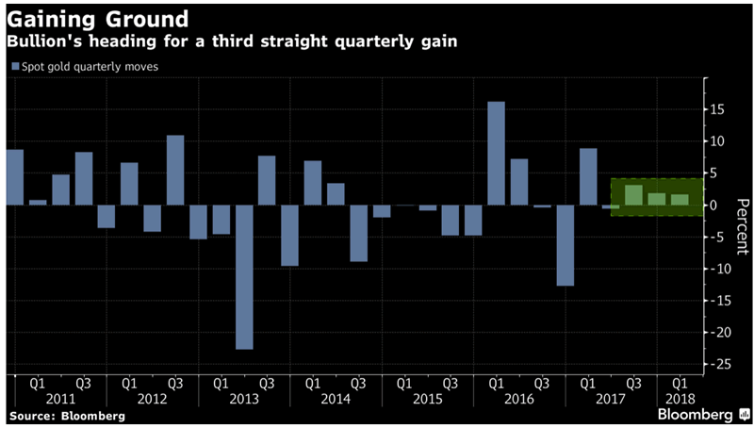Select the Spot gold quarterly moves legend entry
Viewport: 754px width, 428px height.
pyautogui.click(x=84, y=67)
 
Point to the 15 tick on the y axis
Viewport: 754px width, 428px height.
pyautogui.click(x=719, y=109)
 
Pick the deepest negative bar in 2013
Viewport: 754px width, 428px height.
pyautogui.click(x=244, y=277)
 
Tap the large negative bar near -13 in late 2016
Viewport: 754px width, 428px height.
pyautogui.click(x=565, y=245)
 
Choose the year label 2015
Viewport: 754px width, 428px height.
pyautogui.click(x=428, y=400)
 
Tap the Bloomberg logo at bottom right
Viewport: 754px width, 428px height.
pyautogui.click(x=698, y=414)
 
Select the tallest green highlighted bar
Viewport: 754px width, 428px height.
pyautogui.click(x=634, y=195)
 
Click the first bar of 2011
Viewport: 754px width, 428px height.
pyautogui.click(x=15, y=177)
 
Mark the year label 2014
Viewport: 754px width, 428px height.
pyautogui.click(x=336, y=400)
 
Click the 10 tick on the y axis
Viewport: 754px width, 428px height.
pyautogui.click(x=719, y=141)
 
